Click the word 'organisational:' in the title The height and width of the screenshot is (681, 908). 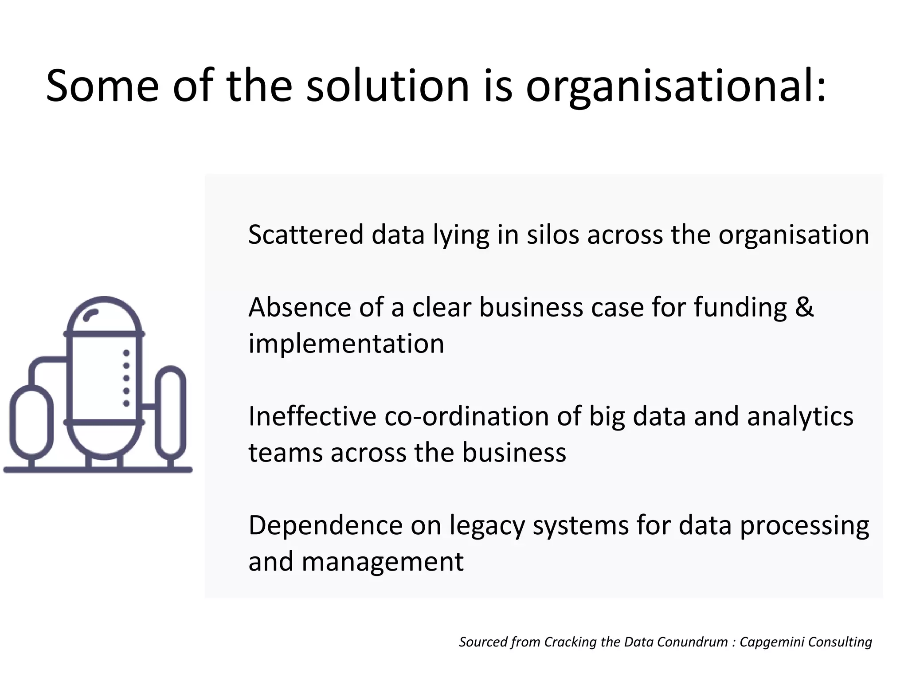click(x=676, y=86)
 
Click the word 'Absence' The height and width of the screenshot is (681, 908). click(x=300, y=307)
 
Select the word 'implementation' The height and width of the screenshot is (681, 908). click(x=346, y=344)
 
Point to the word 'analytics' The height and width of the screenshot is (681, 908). click(x=800, y=416)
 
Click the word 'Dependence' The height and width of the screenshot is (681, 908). click(x=325, y=525)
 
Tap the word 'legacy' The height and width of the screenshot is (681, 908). click(x=487, y=526)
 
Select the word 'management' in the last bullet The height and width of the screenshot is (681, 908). click(x=382, y=562)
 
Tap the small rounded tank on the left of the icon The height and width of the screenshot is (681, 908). click(x=31, y=422)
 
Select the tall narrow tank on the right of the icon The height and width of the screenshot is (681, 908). click(x=171, y=412)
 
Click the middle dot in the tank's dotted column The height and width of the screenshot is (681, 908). click(x=126, y=378)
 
